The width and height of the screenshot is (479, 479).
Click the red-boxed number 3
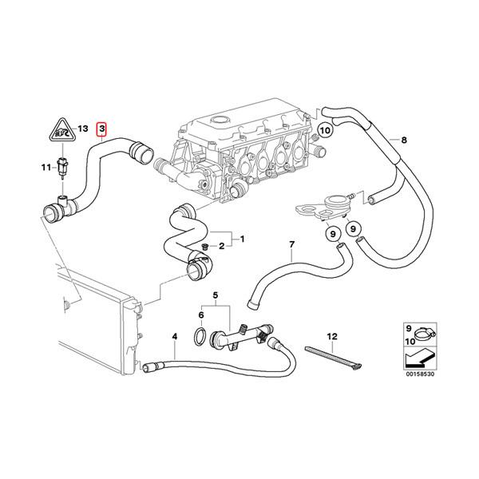point(101,129)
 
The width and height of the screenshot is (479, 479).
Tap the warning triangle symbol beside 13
point(59,129)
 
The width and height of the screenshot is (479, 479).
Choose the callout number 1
point(243,238)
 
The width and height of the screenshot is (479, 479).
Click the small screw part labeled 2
point(205,245)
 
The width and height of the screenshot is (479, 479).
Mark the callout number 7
point(291,243)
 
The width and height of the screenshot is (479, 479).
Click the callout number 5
point(213,295)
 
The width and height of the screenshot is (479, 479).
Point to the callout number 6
point(201,316)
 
